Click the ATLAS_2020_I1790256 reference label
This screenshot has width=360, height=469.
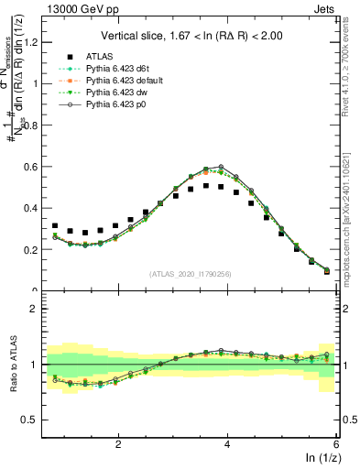coord(191,274)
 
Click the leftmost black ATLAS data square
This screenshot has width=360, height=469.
coord(55,225)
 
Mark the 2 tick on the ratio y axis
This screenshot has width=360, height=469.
coord(38,309)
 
